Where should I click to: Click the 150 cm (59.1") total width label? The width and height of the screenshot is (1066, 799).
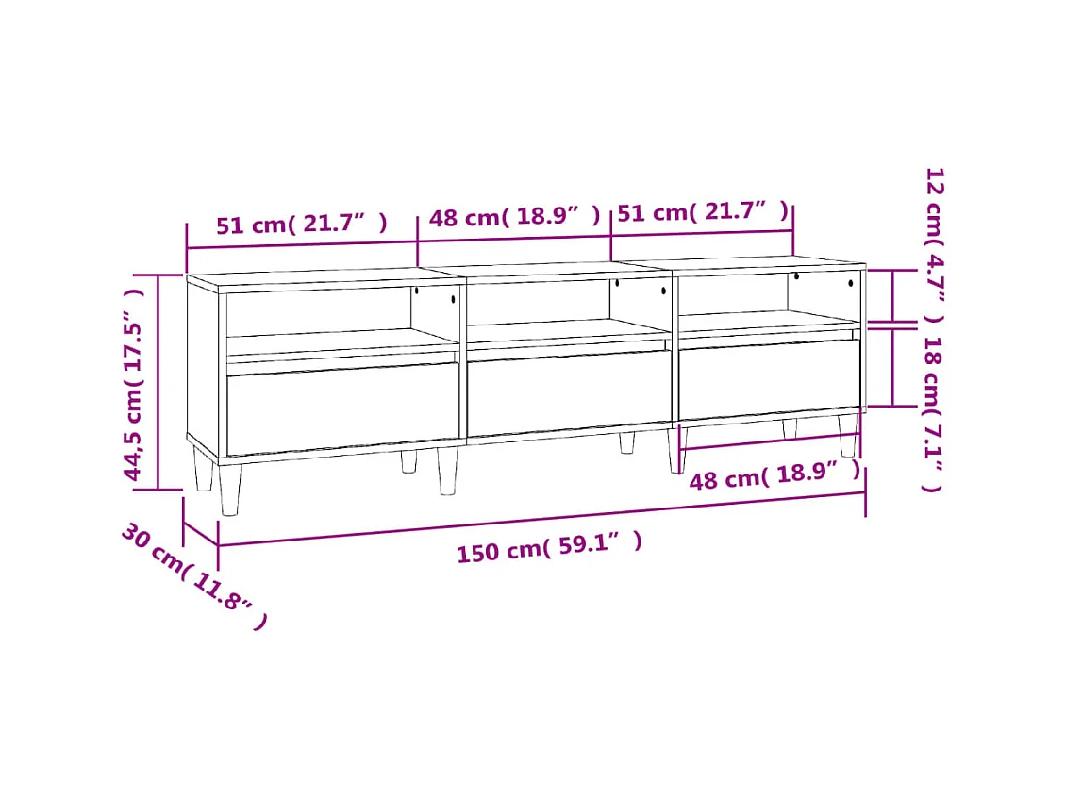tap(550, 546)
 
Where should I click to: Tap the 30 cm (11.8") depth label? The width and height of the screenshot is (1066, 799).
tap(193, 576)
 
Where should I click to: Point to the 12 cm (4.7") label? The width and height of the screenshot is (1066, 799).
tap(933, 245)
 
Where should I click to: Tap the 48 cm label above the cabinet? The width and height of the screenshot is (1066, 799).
tap(514, 217)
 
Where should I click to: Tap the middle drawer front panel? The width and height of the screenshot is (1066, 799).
tap(569, 393)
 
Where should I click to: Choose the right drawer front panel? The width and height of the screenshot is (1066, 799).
tap(769, 378)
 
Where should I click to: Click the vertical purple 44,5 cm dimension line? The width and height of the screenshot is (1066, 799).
tap(158, 382)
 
